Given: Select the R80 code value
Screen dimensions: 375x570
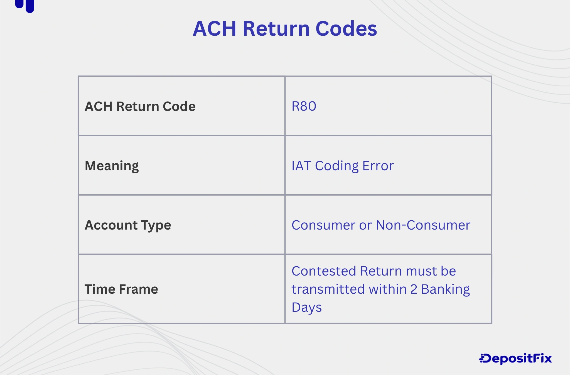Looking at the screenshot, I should coord(304,106).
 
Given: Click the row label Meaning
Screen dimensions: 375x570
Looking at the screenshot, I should coord(112,166).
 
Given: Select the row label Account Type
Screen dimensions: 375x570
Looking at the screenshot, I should coord(128,225).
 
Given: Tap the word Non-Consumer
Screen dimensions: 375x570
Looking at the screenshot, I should coord(423,225).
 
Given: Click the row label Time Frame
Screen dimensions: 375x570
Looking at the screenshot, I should coord(121,289).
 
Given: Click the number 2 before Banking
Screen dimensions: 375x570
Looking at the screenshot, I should coord(414,289).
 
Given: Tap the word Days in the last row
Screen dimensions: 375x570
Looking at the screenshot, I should coord(306,307).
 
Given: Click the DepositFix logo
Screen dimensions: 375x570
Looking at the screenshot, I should coord(515,359).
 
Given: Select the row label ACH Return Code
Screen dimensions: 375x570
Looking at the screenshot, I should coord(140,106).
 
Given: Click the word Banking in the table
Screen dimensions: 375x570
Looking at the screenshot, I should coord(445,289).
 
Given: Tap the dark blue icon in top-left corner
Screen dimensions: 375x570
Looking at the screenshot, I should coord(25,6).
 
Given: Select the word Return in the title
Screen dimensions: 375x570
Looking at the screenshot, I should coord(276,29).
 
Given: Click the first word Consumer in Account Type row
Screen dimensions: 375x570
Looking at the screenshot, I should coord(323,225).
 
